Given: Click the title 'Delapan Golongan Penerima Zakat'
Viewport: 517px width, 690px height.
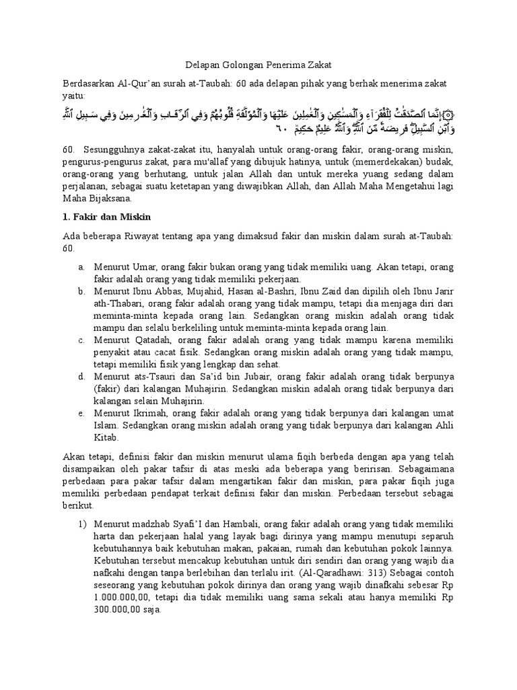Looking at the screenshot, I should (258, 65).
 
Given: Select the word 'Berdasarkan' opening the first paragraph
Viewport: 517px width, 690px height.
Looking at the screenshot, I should (92, 82).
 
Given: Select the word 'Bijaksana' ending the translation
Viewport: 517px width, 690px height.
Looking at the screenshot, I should (110, 199).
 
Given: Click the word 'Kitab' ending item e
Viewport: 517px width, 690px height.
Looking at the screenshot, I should (106, 437).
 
